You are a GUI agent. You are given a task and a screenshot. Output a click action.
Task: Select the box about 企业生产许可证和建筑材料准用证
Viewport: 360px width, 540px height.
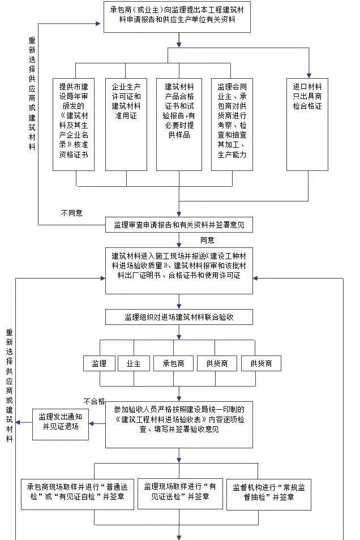(x=126, y=123)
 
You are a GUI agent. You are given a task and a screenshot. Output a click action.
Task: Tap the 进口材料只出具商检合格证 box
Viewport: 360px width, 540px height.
(x=307, y=123)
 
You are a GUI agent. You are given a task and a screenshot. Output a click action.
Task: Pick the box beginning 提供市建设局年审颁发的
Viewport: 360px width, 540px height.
(x=74, y=123)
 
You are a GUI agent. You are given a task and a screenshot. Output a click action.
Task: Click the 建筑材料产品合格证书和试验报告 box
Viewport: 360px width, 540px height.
(x=178, y=123)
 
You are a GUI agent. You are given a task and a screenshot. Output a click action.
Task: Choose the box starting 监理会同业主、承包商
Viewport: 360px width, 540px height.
(x=232, y=123)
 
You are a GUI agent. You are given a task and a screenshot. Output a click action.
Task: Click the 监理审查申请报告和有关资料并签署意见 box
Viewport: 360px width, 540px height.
(x=178, y=225)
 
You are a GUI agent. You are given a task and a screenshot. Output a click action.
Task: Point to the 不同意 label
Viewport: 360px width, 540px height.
(x=72, y=213)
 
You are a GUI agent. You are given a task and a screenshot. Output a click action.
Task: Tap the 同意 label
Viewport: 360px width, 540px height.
(x=207, y=240)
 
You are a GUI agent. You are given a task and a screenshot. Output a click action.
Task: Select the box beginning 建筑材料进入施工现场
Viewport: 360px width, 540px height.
(x=178, y=270)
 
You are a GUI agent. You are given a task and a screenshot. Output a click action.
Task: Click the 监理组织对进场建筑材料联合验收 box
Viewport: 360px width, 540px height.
(x=178, y=317)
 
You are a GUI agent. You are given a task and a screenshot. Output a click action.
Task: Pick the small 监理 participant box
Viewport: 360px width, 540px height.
(x=99, y=363)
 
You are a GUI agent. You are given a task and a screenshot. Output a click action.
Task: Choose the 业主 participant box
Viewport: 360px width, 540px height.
(x=134, y=363)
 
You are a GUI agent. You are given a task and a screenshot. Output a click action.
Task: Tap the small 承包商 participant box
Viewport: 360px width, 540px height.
(x=173, y=363)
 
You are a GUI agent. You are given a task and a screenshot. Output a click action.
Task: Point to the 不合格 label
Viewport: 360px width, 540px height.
(x=95, y=401)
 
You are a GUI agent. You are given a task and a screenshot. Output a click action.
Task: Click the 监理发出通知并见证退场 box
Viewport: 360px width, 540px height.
(x=60, y=422)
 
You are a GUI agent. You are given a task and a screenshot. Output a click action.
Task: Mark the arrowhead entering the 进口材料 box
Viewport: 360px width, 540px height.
(x=308, y=74)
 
